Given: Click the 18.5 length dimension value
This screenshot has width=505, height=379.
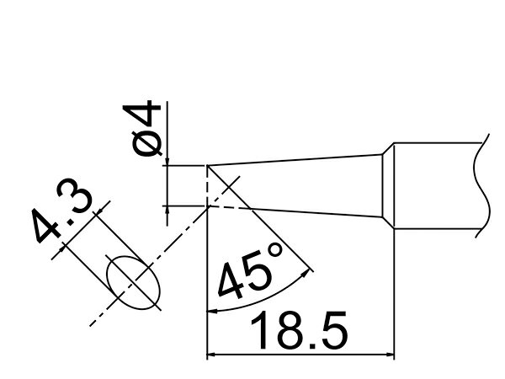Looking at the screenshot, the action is pos(299,330).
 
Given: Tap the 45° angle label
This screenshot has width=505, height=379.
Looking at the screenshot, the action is pos(250,270).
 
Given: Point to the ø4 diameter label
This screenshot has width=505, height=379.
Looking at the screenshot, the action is pos(141,128).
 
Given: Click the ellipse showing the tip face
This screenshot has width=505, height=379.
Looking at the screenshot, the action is pos(133,283).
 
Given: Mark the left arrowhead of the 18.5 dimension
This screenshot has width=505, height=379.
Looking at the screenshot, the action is pos(210,355).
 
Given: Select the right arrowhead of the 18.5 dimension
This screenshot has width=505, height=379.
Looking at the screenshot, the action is pos(390,355).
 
